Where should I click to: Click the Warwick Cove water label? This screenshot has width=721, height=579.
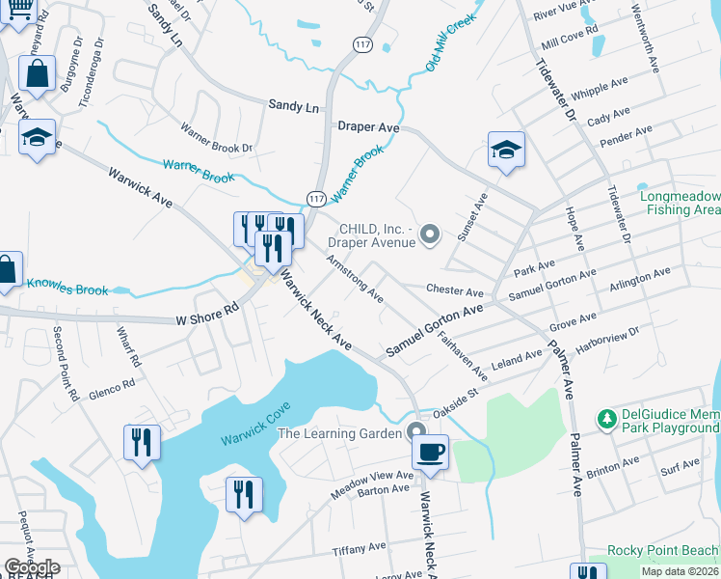[255, 426]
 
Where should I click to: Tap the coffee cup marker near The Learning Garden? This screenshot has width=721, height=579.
[431, 451]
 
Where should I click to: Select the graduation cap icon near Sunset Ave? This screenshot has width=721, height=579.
[506, 149]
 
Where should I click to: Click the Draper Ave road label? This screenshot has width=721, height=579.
[368, 126]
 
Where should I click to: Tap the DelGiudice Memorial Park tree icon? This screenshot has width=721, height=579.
[607, 419]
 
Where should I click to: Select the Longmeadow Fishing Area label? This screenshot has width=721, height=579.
[681, 202]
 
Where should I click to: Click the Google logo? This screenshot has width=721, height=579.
[32, 567]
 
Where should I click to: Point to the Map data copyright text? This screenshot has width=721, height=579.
[679, 571]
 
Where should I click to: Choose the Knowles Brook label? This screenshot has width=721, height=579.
[67, 286]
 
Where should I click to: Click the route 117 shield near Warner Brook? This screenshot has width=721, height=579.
[315, 198]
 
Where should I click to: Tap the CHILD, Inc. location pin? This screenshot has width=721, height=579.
[431, 233]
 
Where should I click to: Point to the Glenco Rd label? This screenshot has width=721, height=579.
[109, 387]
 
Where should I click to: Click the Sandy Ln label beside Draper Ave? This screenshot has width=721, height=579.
[293, 106]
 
